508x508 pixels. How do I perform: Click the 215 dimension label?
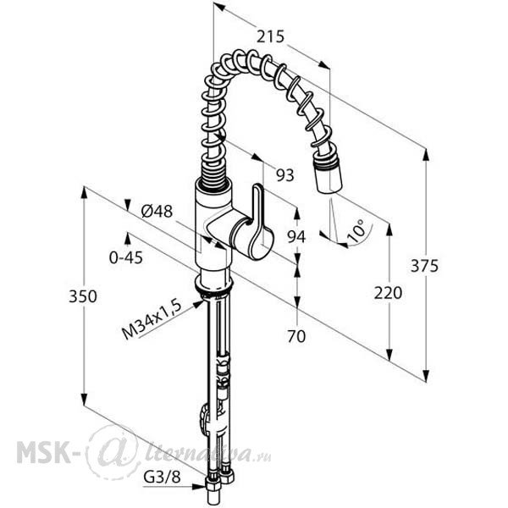coord(270,36)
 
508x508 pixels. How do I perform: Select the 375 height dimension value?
coord(424,266)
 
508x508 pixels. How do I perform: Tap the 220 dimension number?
coord(388,293)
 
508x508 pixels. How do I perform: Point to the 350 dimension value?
coord(83,296)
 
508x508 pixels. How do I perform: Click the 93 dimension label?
coord(284,175)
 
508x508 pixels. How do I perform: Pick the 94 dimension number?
coord(296,237)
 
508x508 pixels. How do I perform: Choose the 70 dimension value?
coord(296,336)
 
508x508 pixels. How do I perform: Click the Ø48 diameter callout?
coord(157,212)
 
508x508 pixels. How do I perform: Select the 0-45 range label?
coord(126,258)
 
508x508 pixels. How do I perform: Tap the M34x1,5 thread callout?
coord(151,320)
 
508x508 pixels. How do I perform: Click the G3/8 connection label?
coord(162,477)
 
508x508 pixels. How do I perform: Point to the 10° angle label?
coord(356,231)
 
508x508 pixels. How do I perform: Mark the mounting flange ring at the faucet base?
coord(214,283)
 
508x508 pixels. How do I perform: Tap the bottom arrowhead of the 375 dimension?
coord(427,376)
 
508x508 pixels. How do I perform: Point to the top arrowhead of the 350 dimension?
coord(84,193)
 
